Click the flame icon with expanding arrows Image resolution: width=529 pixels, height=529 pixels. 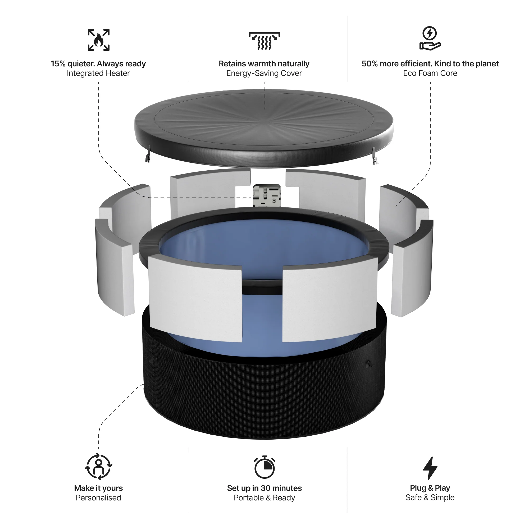99,40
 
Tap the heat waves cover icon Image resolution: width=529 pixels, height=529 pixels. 264,41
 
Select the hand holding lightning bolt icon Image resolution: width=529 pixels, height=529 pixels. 430,38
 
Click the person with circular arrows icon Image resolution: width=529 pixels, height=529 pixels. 99,467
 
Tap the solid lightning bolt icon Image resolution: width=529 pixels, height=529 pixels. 430,468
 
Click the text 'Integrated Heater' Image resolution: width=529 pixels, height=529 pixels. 98,73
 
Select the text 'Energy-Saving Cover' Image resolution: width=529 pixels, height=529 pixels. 264,73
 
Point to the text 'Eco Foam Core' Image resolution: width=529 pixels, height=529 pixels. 430,73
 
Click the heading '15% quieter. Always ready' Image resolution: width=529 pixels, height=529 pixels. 98,64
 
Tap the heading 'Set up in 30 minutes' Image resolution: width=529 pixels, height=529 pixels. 264,488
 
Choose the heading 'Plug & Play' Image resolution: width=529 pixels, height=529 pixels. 430,488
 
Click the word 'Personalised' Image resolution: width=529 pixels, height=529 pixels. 98,498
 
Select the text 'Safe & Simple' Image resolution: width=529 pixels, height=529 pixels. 430,498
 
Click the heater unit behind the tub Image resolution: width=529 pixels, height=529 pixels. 267,195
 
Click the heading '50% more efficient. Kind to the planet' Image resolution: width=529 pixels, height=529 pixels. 430,64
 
